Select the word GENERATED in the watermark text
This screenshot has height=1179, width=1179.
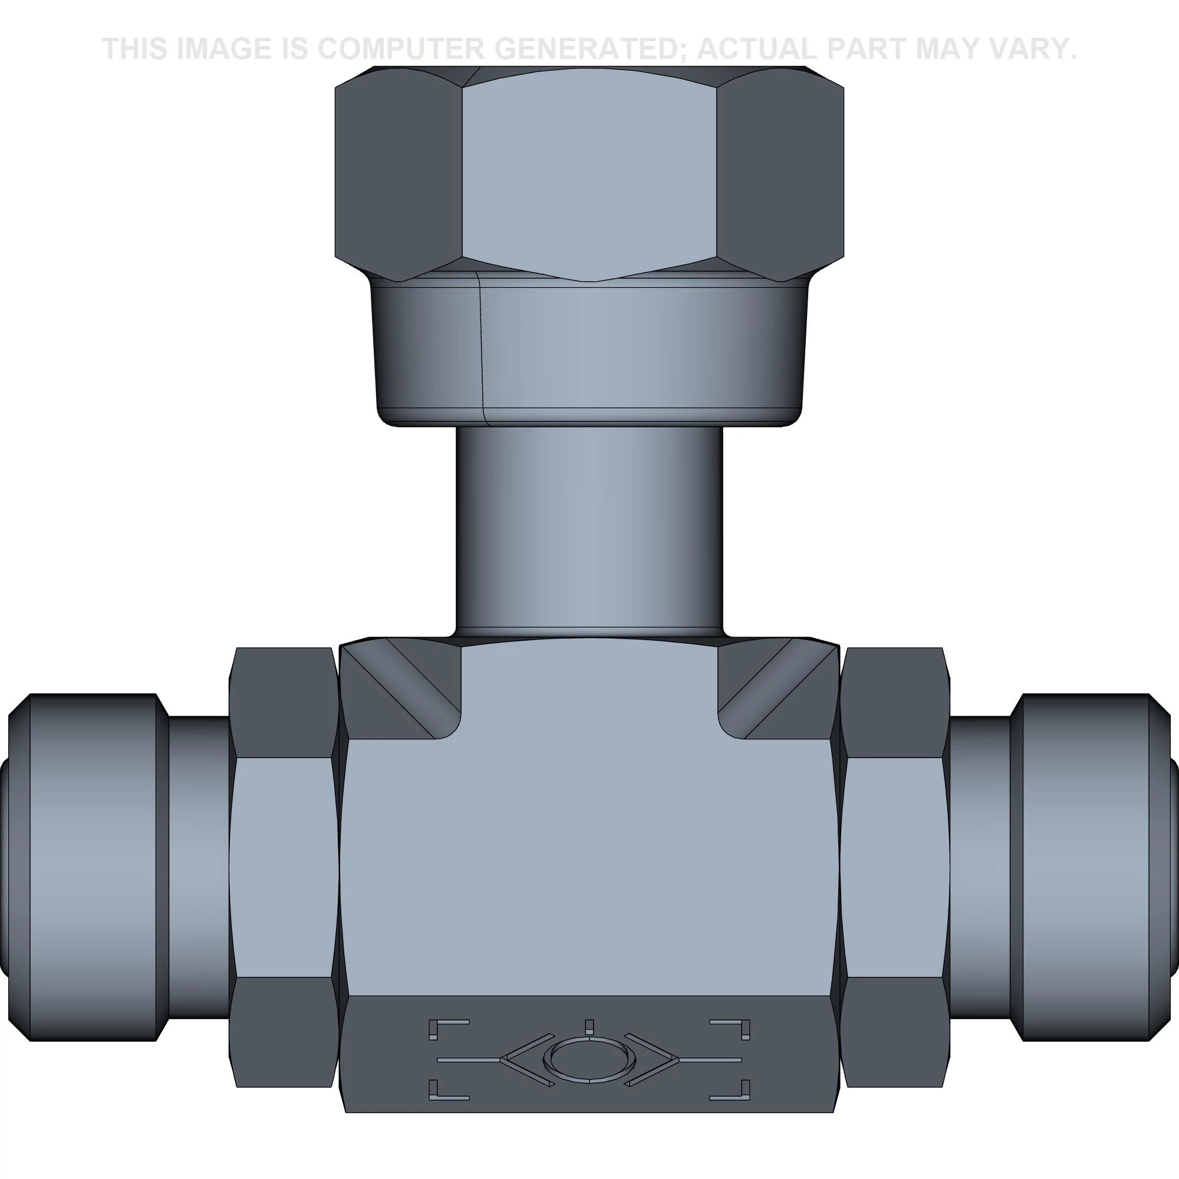594,49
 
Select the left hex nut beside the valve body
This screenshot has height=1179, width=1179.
284,867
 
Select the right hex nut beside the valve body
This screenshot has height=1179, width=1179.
895,867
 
